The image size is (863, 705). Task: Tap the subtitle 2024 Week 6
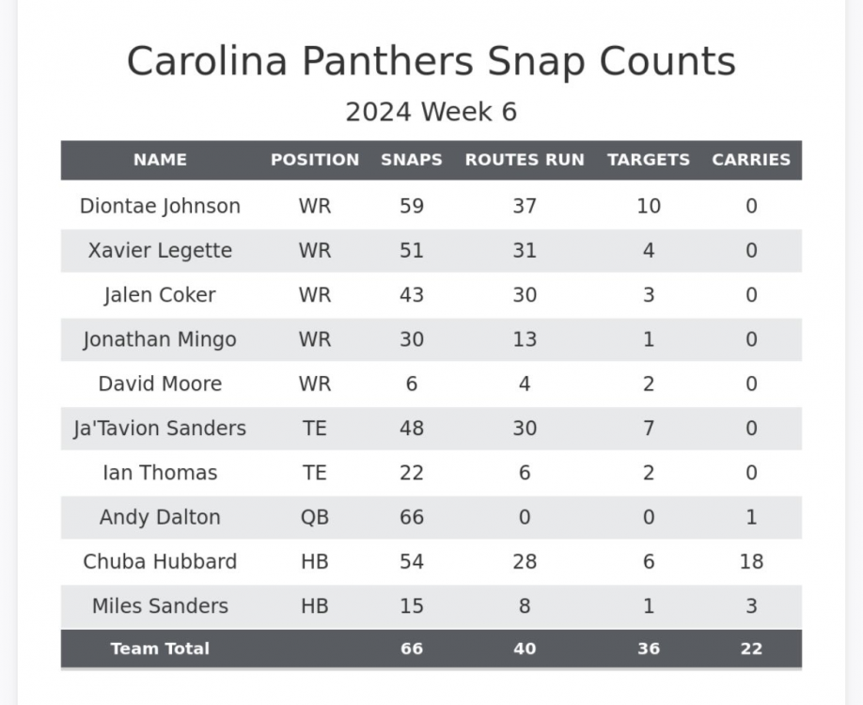[x=431, y=112]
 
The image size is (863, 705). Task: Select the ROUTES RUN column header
[x=525, y=160]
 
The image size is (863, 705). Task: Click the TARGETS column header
[x=649, y=160]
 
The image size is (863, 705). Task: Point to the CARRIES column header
[x=751, y=160]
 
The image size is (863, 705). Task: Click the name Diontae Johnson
[x=160, y=206]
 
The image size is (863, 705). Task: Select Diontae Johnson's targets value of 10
[x=649, y=206]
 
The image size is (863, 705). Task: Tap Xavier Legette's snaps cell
[x=412, y=251]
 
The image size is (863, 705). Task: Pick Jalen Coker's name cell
[x=160, y=295]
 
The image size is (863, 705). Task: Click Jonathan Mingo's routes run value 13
[x=525, y=339]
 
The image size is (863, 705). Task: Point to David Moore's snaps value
[x=412, y=384]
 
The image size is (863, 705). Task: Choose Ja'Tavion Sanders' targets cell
[x=649, y=429]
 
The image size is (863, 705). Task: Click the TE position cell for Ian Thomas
[x=315, y=473]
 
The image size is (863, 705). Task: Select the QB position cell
[x=315, y=517]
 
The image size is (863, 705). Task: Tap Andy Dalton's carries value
[x=751, y=517]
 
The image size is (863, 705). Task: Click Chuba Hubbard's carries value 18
[x=751, y=562]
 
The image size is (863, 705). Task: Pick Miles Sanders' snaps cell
[x=412, y=606]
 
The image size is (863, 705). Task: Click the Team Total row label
[x=160, y=649]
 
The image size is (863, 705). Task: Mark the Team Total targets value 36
[x=649, y=649]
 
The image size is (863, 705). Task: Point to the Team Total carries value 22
[x=751, y=649]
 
